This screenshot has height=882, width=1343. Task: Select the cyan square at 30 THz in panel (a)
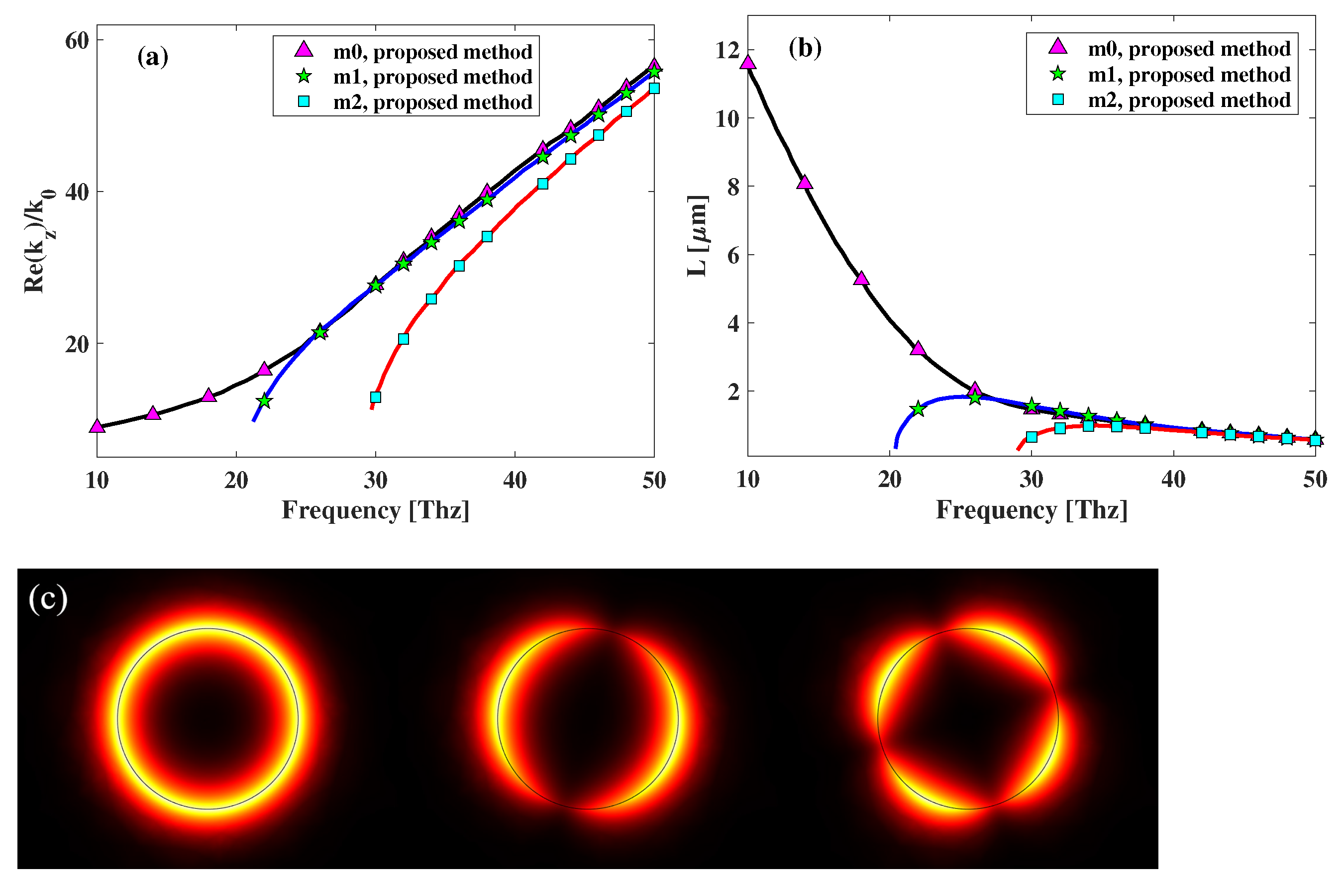(376, 397)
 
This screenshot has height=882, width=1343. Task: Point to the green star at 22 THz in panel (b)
(918, 408)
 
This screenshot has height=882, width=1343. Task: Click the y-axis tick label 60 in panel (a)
(77, 41)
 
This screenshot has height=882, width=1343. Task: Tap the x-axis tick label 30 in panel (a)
(376, 481)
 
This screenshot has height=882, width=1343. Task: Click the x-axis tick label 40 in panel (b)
(1173, 480)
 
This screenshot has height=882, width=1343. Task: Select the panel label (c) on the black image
(48, 599)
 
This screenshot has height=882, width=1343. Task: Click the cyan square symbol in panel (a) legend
(304, 101)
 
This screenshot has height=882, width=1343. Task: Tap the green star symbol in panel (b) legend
(1058, 74)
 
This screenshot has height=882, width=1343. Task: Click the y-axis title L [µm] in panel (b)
(698, 236)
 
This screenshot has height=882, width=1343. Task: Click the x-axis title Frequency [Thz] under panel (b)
(1032, 510)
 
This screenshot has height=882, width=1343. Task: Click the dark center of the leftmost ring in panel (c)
(207, 719)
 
